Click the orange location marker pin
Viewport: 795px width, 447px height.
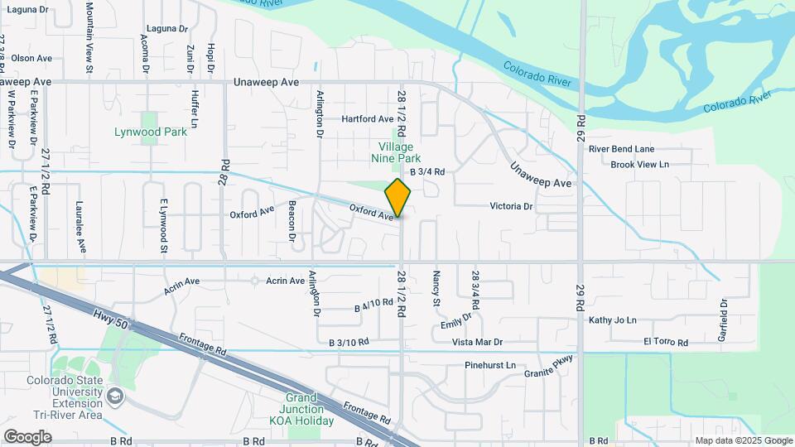click(397, 197)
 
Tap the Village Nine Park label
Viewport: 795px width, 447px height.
click(394, 152)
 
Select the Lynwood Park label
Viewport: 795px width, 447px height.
click(150, 132)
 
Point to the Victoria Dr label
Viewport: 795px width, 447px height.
click(511, 206)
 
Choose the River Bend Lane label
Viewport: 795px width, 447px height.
click(621, 149)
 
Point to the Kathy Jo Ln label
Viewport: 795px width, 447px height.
click(613, 320)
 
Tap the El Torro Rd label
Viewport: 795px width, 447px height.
click(665, 341)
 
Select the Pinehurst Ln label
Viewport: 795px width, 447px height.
click(489, 365)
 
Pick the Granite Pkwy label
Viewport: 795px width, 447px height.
click(548, 368)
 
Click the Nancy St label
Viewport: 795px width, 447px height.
click(436, 287)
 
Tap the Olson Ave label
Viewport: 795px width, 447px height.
click(31, 58)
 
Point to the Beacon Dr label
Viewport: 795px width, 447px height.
click(292, 221)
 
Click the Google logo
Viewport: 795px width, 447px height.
click(27, 436)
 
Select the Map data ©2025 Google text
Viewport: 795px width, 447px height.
click(742, 440)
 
